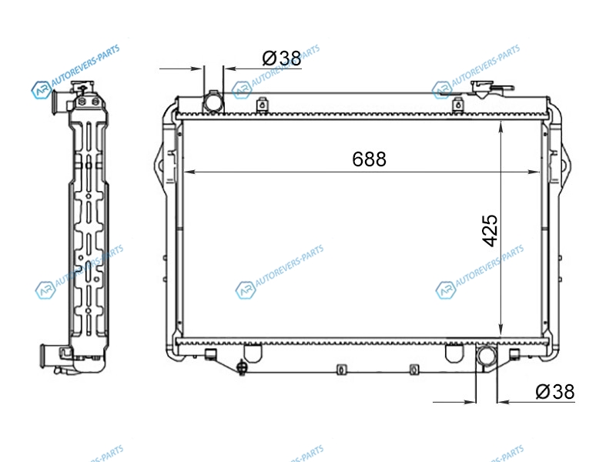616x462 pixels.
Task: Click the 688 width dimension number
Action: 369,159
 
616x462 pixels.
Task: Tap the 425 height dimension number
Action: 490,230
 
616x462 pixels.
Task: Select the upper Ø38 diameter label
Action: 282,59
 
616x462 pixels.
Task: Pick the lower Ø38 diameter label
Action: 555,392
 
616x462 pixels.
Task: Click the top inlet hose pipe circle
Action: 213,103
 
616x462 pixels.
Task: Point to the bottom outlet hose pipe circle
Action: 487,355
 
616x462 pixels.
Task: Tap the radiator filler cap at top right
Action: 483,89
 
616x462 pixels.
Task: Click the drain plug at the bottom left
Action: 242,368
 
